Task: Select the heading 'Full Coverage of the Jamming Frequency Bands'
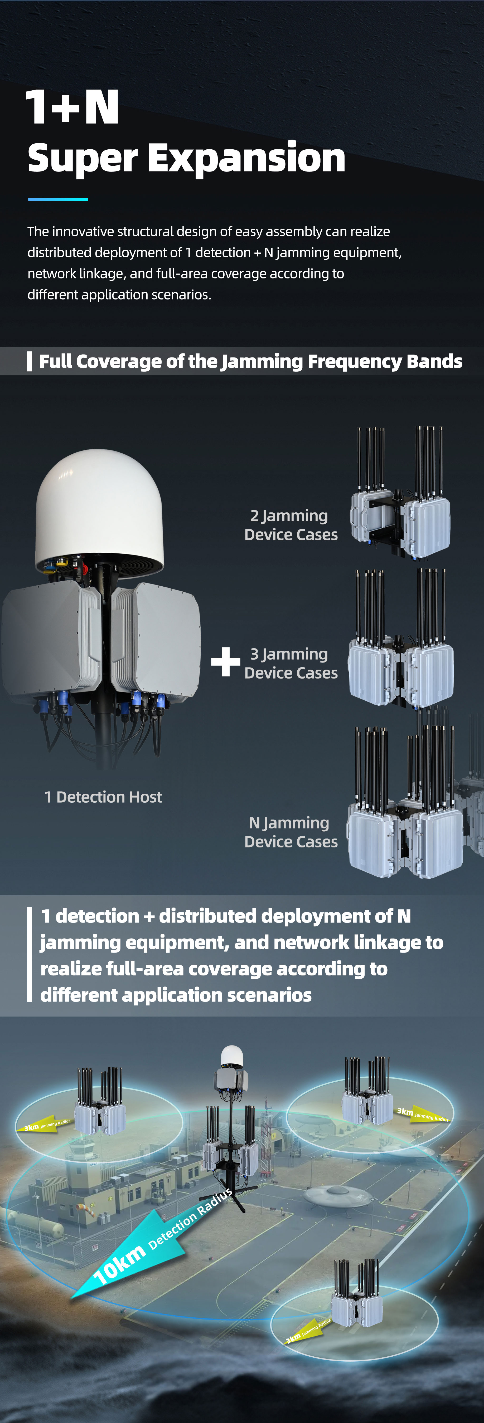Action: pyautogui.click(x=250, y=361)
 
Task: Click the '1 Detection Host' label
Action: pyautogui.click(x=103, y=797)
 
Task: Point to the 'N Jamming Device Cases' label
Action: pyautogui.click(x=291, y=832)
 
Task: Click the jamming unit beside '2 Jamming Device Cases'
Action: pyautogui.click(x=401, y=497)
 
